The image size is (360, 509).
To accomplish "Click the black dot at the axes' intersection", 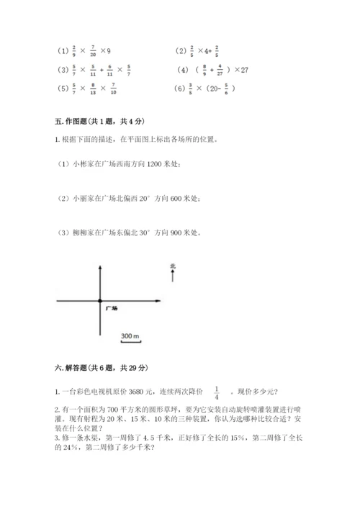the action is [100, 300].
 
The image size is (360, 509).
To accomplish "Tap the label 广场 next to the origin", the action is [112, 308].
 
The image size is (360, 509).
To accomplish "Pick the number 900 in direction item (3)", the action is [178, 232].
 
